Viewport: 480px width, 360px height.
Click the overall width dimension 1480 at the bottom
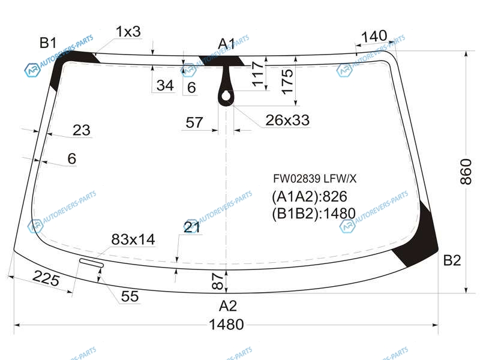(x=226, y=325)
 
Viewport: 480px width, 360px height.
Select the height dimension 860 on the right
(x=466, y=172)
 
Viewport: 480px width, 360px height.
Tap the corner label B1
(x=48, y=43)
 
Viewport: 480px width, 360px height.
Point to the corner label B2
(x=452, y=260)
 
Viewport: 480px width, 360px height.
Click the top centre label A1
(x=226, y=44)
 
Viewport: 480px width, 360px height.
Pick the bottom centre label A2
(x=228, y=306)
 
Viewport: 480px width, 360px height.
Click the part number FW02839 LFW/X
(x=314, y=178)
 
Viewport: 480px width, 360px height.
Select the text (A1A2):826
(x=309, y=197)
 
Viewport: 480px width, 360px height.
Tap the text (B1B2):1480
(x=313, y=214)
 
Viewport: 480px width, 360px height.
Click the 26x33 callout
(x=287, y=121)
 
